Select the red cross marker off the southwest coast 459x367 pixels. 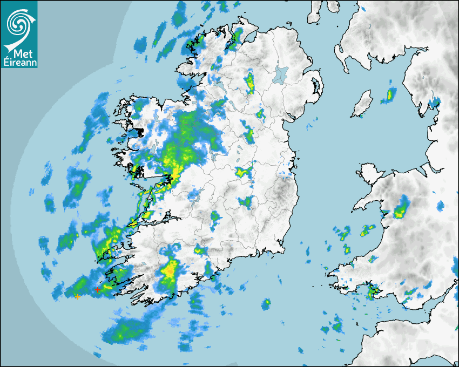[x=97, y=290]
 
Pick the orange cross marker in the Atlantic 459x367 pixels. [x=78, y=297]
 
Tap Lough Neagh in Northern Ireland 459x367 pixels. [x=280, y=74]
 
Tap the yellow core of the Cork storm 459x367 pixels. [x=171, y=268]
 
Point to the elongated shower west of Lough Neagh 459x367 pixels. [x=249, y=84]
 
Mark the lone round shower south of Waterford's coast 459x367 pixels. [x=266, y=304]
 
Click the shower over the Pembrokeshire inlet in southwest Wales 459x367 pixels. [x=371, y=293]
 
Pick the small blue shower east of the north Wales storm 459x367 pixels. [x=440, y=206]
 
